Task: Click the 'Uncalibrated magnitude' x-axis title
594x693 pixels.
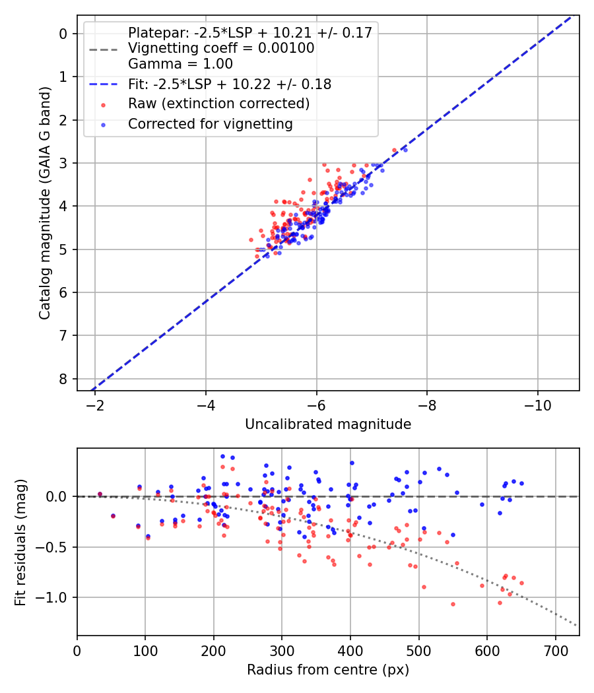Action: coord(328,424)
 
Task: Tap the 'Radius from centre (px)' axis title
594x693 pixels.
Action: coord(328,670)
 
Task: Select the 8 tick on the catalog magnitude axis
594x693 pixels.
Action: coord(63,379)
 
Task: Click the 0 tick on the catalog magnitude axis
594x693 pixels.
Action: coord(63,34)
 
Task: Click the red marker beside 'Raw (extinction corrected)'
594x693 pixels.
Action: coord(102,104)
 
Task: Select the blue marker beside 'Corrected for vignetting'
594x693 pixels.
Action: coord(102,124)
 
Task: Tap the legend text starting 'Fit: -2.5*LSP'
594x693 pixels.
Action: coord(230,84)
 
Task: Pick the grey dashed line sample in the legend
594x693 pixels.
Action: coord(102,49)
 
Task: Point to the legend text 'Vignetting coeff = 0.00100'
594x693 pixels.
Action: coord(221,48)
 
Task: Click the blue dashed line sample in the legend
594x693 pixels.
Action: coord(102,84)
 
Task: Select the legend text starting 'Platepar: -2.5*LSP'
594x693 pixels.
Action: coord(250,32)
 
